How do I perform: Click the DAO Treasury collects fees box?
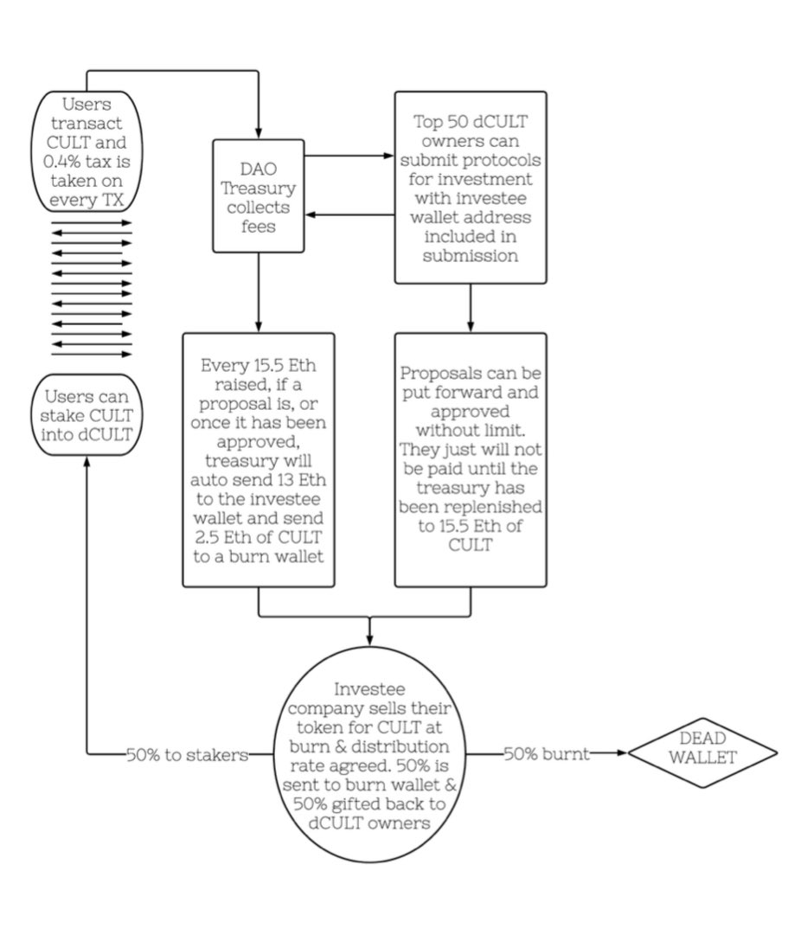tap(258, 196)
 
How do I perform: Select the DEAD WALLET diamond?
tap(702, 752)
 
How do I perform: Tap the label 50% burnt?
tap(547, 753)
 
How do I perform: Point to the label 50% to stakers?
tap(187, 754)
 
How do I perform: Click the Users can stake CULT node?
tap(86, 415)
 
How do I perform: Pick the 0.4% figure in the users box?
tap(61, 161)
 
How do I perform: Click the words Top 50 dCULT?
tap(470, 121)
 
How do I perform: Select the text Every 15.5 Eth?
tap(258, 365)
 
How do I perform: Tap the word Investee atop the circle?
tap(369, 689)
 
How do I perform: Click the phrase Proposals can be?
tap(470, 373)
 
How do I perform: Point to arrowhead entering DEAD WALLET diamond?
tap(622, 752)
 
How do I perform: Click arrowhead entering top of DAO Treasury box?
tap(258, 133)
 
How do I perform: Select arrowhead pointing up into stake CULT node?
tap(87, 462)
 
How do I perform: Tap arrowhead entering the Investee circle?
tap(369, 640)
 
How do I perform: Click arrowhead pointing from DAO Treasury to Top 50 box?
tap(389, 157)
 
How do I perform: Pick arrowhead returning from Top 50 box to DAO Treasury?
tap(311, 214)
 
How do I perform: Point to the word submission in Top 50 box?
tap(470, 256)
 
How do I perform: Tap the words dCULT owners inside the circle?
tap(369, 823)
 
